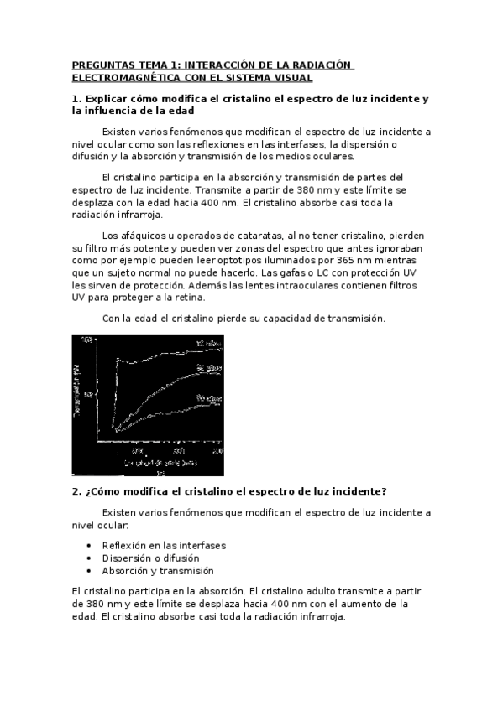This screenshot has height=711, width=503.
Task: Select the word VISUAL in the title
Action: [288, 78]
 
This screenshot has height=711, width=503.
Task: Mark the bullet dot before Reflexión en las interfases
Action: [90, 545]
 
